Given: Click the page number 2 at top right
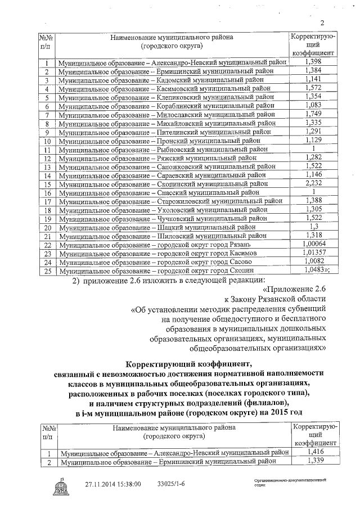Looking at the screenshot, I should coord(323,23).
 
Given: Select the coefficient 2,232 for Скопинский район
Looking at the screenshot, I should coord(313,183).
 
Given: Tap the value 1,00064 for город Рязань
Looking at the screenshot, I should coord(314,244).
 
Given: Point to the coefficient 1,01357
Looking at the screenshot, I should coord(314,253).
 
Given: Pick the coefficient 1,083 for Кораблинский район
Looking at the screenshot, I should coord(313,105).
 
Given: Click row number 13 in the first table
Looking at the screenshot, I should coord(47,167).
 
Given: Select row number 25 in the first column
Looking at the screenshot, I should coord(47,271).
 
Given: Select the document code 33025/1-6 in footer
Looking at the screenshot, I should coord(170,484).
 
